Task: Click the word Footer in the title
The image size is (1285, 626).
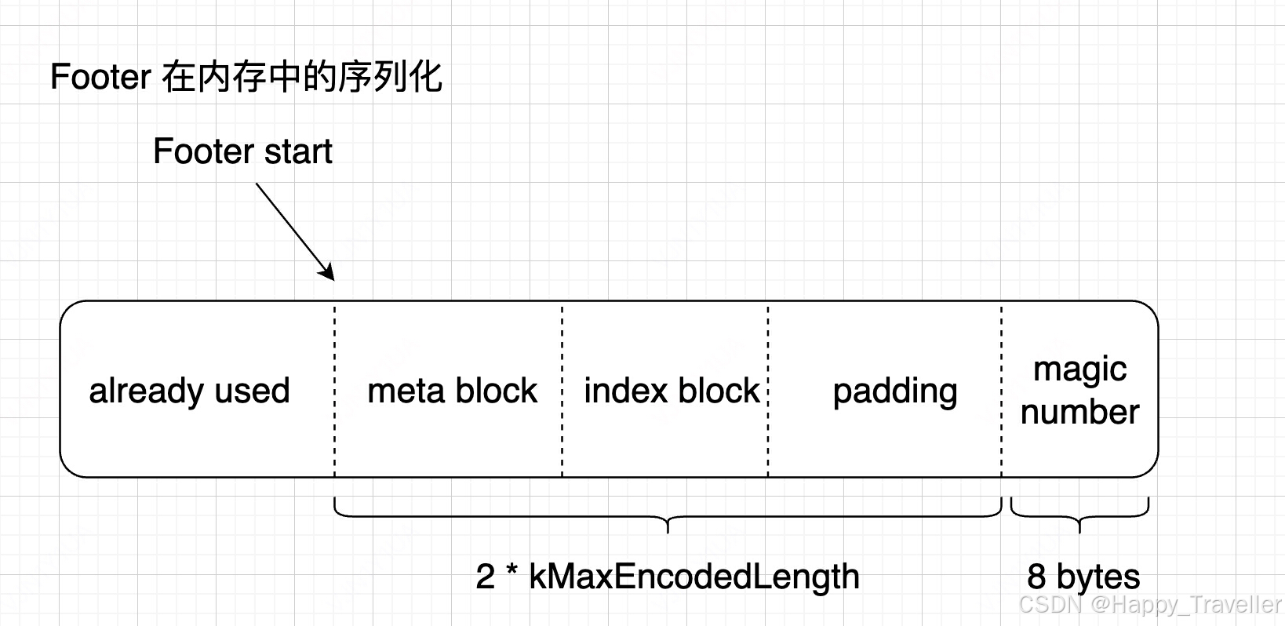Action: click(x=100, y=78)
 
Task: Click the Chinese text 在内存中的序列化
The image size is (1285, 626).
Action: click(x=302, y=78)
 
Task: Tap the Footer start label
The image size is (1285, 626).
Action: click(x=242, y=151)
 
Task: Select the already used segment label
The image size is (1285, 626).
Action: click(x=189, y=391)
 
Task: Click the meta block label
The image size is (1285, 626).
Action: click(x=452, y=391)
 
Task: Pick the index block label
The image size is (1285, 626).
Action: click(x=672, y=391)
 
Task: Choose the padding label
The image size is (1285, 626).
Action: click(x=894, y=391)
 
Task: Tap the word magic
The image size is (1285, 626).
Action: click(x=1079, y=369)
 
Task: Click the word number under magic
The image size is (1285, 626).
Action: click(x=1079, y=412)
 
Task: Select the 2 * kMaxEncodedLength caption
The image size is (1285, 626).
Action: click(x=667, y=577)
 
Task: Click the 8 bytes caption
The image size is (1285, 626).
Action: click(x=1083, y=577)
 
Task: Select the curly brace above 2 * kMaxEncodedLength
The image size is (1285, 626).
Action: click(x=668, y=518)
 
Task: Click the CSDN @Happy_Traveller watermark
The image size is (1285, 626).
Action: click(x=1149, y=605)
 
